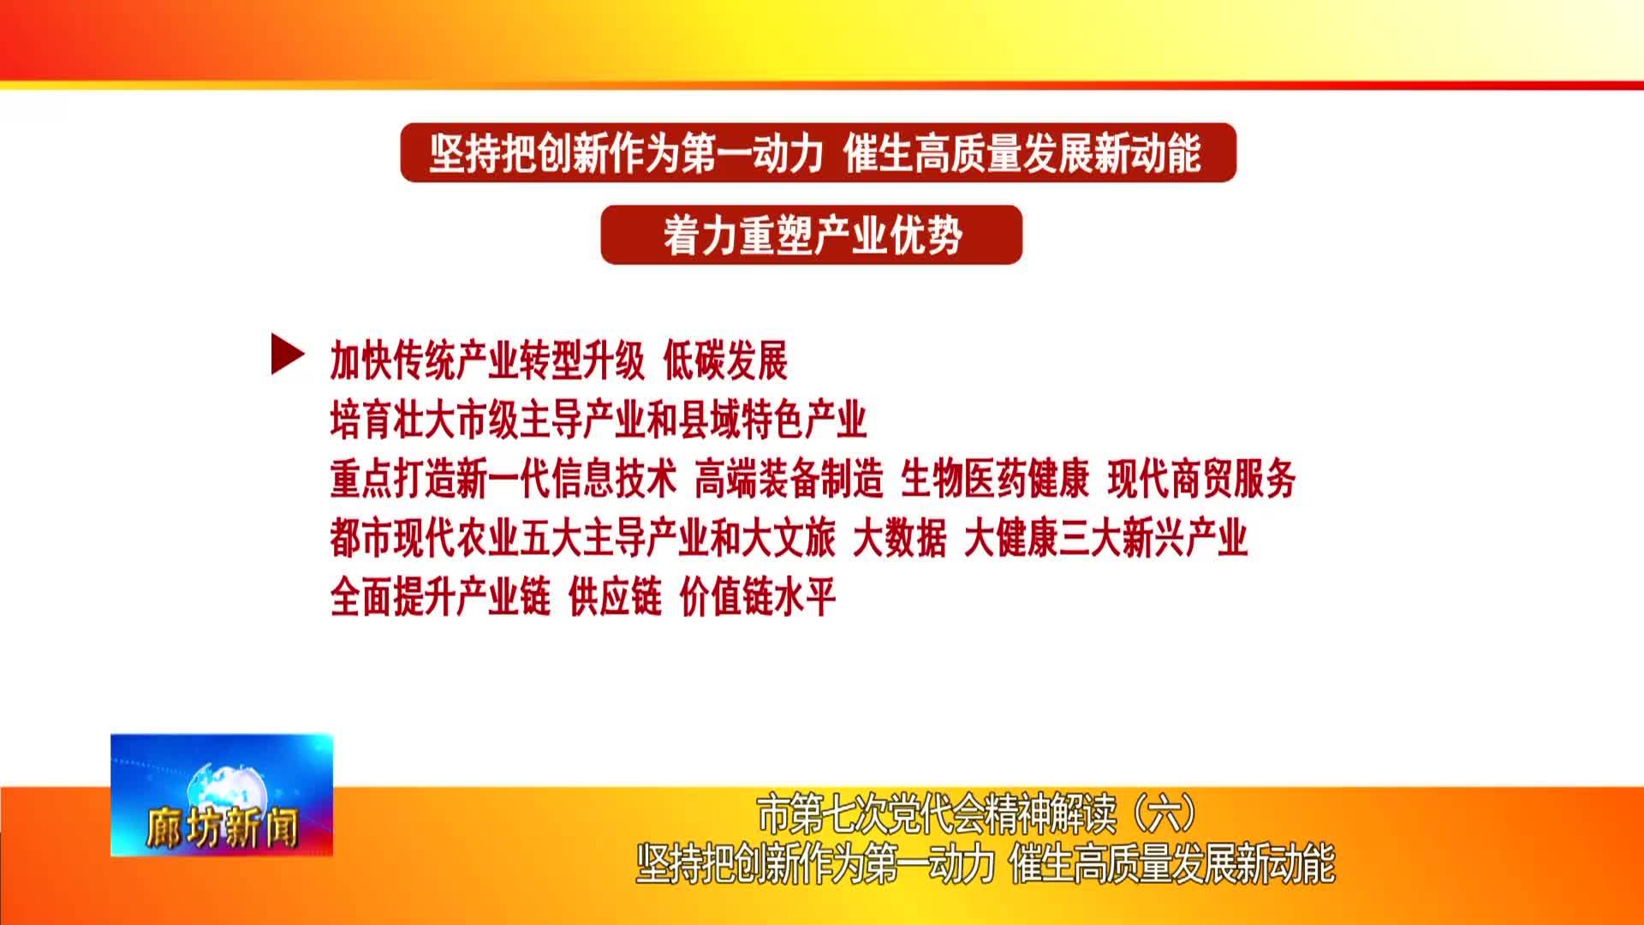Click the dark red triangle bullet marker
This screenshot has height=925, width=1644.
288,354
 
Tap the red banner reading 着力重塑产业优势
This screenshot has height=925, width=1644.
812,235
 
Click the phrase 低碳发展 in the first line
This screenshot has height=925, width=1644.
725,361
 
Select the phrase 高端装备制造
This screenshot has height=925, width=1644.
789,479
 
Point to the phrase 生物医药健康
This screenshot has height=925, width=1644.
995,479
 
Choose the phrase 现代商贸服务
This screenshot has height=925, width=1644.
1201,479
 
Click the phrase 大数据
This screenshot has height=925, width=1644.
900,539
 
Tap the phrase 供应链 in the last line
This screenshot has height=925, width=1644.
616,598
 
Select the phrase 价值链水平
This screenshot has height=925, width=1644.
758,598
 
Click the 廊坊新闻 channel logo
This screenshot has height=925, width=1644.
222,795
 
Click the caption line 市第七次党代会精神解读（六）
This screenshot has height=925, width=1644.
977,815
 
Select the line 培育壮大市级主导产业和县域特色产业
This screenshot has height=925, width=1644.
599,421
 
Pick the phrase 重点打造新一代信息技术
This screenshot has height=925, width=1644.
503,479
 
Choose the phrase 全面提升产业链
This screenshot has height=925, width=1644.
441,598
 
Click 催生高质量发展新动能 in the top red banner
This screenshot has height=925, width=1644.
1022,154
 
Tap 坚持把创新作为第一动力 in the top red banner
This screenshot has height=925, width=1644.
627,154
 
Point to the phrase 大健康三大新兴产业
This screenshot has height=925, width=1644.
1106,539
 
